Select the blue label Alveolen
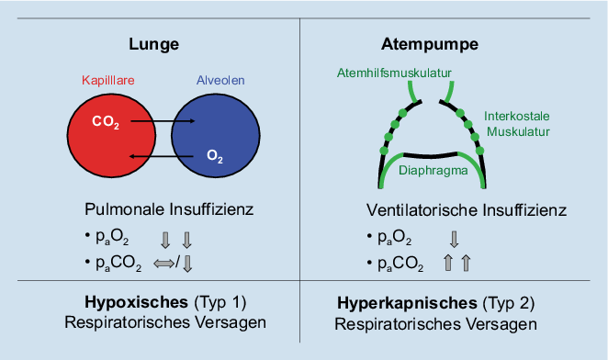point(220,81)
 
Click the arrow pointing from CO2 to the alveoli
point(165,120)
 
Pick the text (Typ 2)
point(508,302)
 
